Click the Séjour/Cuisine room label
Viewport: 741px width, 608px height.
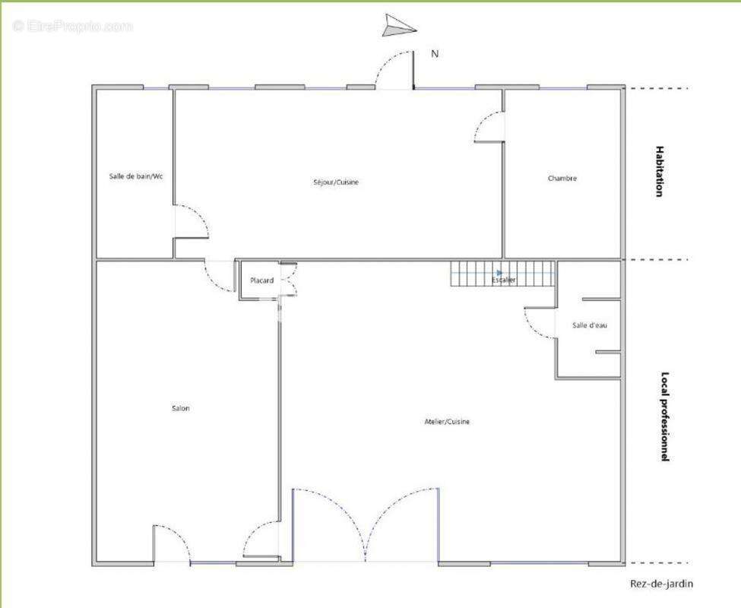[336, 182]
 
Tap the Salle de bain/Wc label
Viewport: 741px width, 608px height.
[136, 176]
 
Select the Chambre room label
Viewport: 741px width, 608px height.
[562, 178]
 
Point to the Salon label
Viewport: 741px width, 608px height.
[181, 408]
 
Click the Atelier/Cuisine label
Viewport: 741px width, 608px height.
[447, 421]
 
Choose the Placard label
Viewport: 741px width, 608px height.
[261, 280]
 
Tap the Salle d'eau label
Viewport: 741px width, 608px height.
[589, 325]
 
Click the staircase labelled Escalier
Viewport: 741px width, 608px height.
[502, 274]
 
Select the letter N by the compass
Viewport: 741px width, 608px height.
[435, 54]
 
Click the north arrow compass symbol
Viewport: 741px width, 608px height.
[398, 27]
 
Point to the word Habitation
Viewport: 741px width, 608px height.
[659, 171]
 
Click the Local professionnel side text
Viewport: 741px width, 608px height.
[664, 416]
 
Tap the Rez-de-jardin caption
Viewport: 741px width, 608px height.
[662, 584]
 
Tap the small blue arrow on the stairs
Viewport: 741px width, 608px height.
[499, 273]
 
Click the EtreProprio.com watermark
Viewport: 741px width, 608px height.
[73, 27]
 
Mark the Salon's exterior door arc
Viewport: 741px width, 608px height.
[183, 538]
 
